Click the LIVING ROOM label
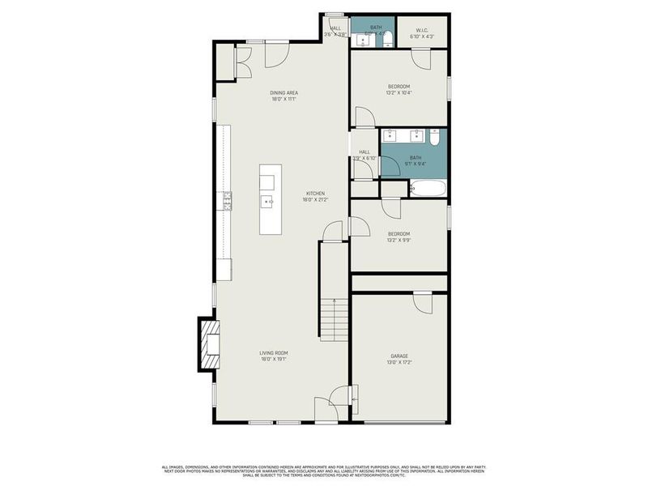pyautogui.click(x=274, y=353)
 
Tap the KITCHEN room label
pyautogui.click(x=315, y=194)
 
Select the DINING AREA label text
pyautogui.click(x=283, y=93)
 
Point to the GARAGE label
pyautogui.click(x=399, y=356)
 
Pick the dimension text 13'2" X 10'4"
pyautogui.click(x=399, y=93)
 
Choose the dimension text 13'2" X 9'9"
pyautogui.click(x=399, y=241)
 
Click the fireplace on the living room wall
pyautogui.click(x=210, y=344)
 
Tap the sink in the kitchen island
pyautogui.click(x=266, y=200)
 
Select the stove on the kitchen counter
pyautogui.click(x=228, y=201)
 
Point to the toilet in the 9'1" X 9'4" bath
pyautogui.click(x=435, y=139)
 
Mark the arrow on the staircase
pyautogui.click(x=334, y=303)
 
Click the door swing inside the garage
pyautogui.click(x=422, y=301)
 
